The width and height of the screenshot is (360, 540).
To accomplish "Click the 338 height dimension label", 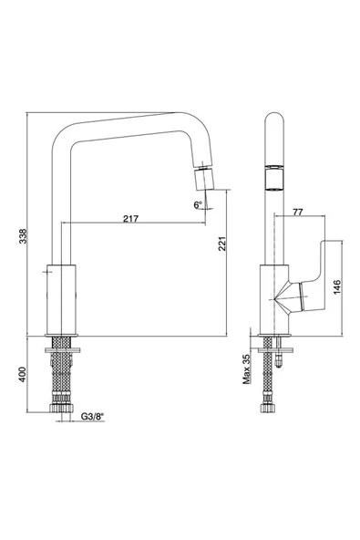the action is tap(23, 236).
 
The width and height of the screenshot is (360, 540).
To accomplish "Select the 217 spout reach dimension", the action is tap(130, 218).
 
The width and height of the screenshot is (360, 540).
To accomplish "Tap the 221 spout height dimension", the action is tap(222, 244).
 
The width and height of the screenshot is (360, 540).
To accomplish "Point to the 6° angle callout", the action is tap(198, 205).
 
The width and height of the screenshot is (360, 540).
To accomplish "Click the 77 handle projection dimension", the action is tap(298, 212).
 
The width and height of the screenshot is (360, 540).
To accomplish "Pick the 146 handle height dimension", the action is tap(337, 286).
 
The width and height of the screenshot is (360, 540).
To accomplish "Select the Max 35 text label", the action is tap(246, 369).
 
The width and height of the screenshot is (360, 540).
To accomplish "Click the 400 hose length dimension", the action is tap(23, 374).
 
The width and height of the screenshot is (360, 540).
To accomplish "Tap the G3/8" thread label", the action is tap(92, 416).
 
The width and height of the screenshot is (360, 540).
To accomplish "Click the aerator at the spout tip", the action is tap(204, 179).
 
